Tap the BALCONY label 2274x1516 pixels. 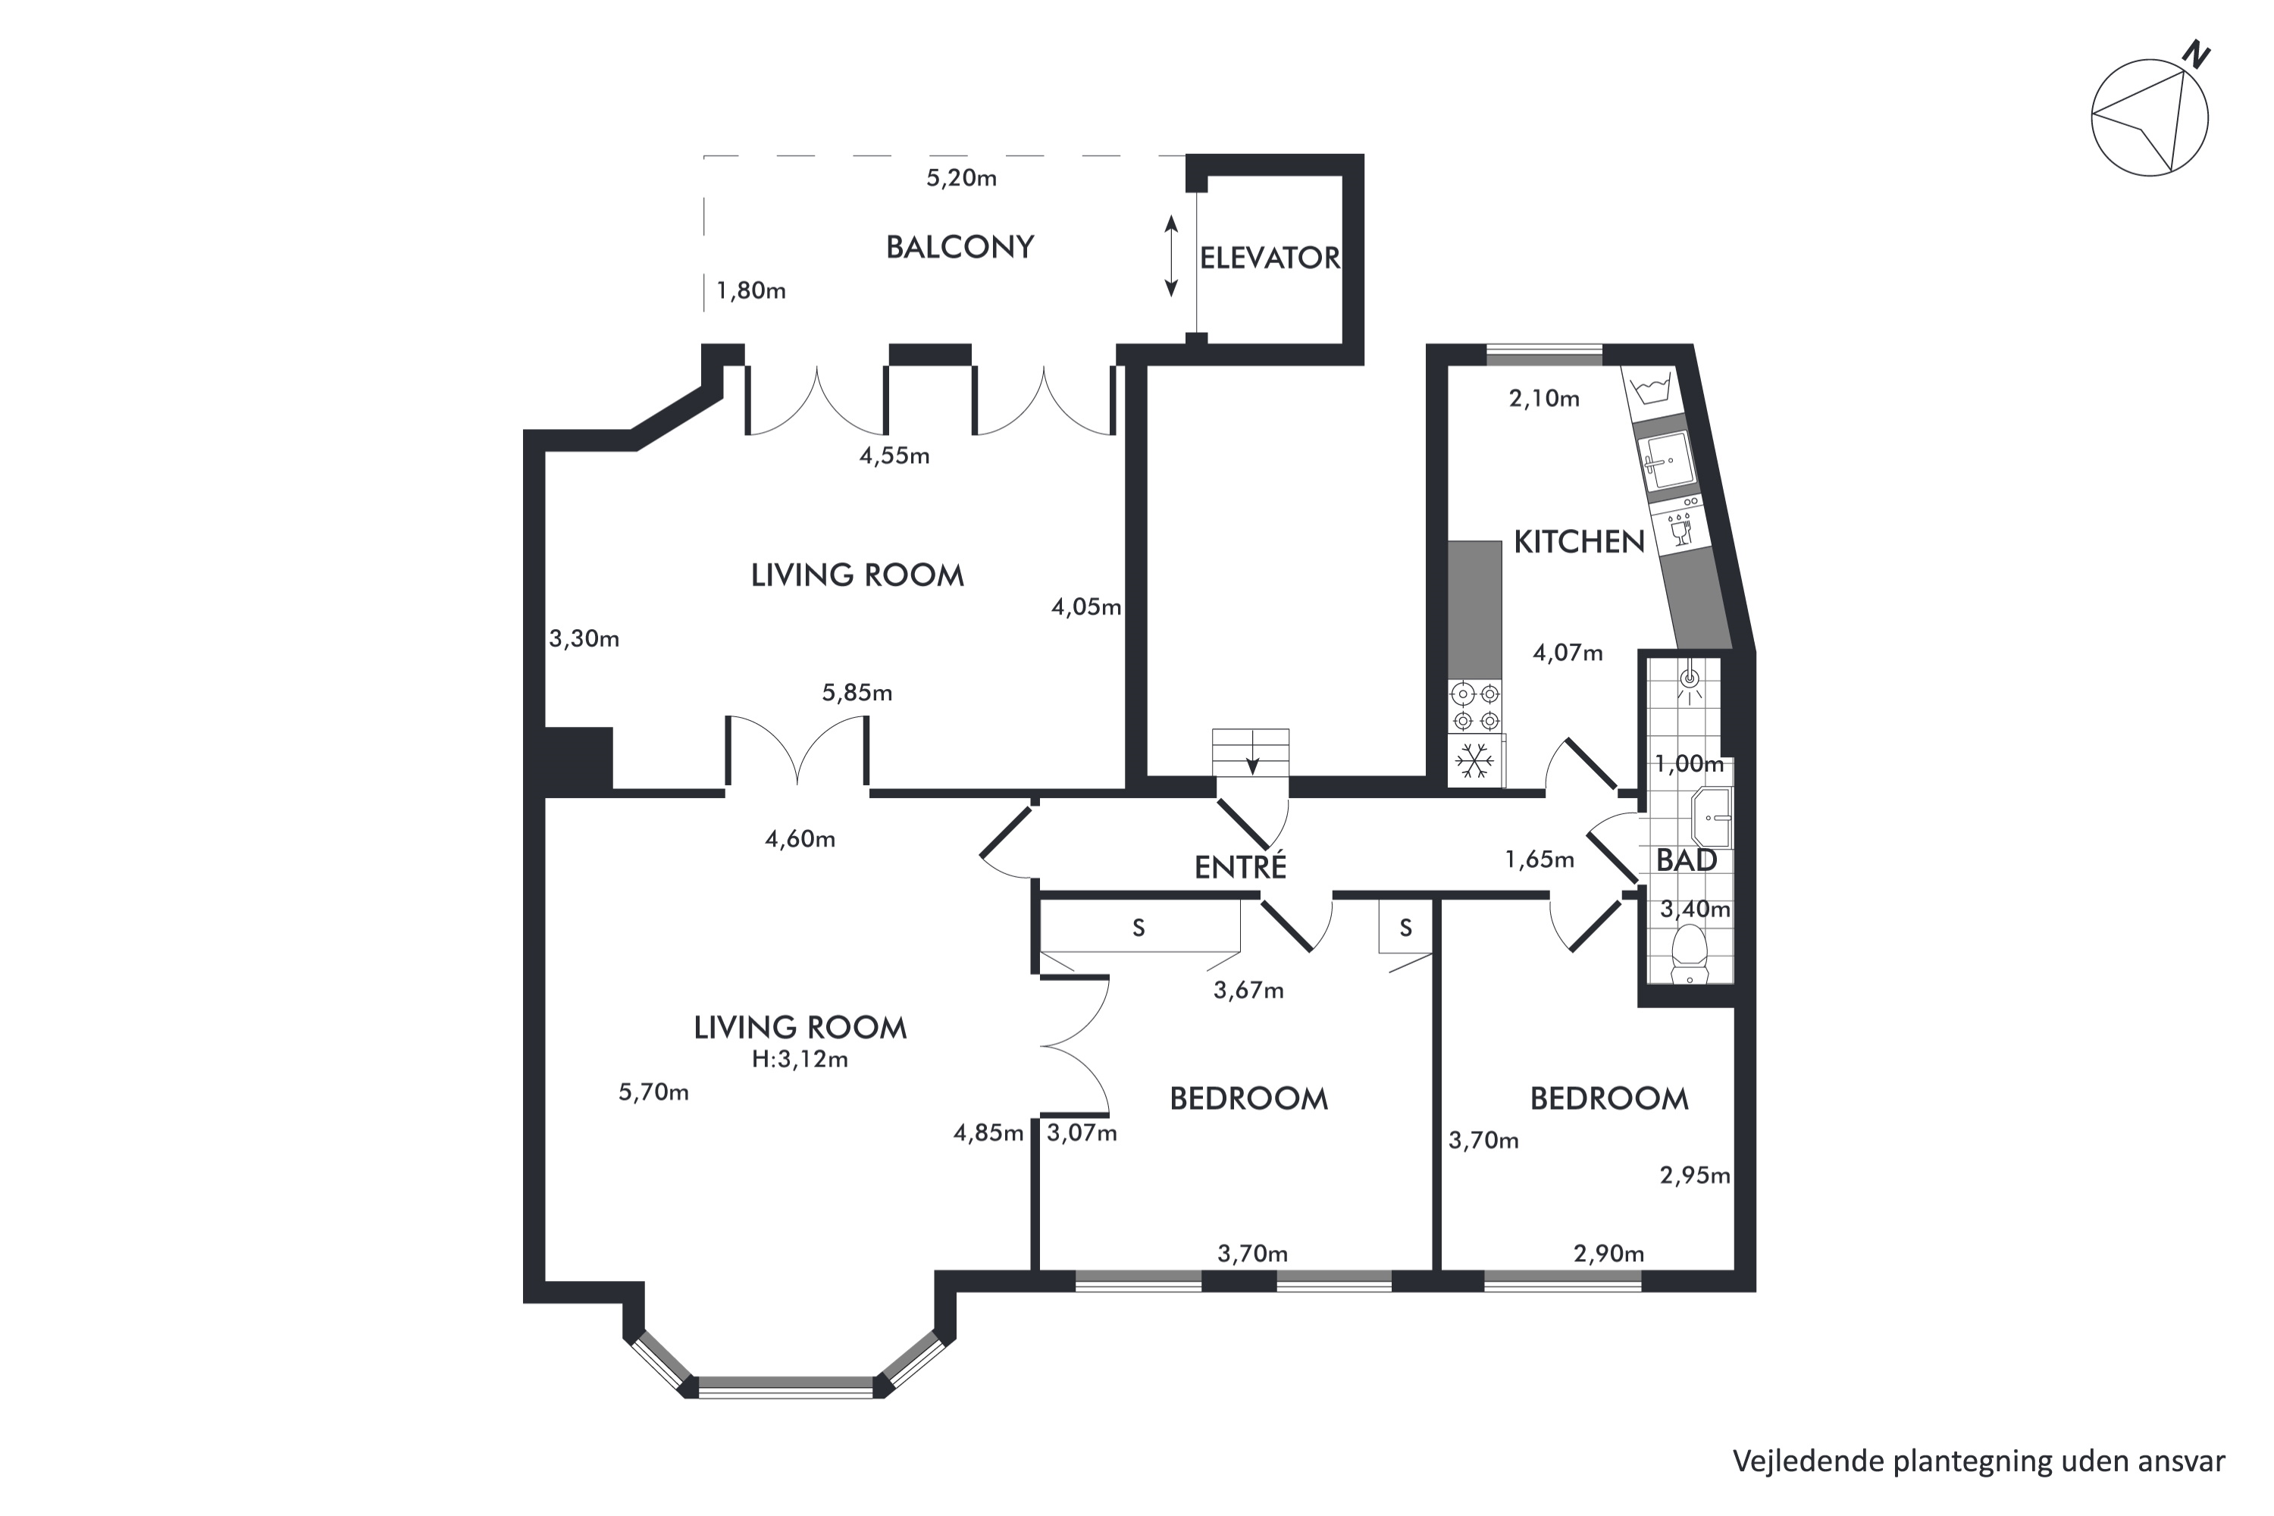click(x=960, y=248)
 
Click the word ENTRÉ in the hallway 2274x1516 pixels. click(x=1240, y=866)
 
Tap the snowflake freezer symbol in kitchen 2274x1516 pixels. click(x=1474, y=761)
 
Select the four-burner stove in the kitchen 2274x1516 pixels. click(x=1475, y=706)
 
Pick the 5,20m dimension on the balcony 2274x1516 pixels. click(x=961, y=179)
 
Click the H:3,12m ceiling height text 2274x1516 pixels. click(x=800, y=1060)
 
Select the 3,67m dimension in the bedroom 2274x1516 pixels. click(x=1248, y=990)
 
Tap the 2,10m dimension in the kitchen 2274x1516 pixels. click(x=1544, y=399)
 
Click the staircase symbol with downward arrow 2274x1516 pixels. click(x=1251, y=752)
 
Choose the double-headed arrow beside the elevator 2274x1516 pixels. click(x=1171, y=256)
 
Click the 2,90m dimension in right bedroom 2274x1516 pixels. click(x=1608, y=1254)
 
